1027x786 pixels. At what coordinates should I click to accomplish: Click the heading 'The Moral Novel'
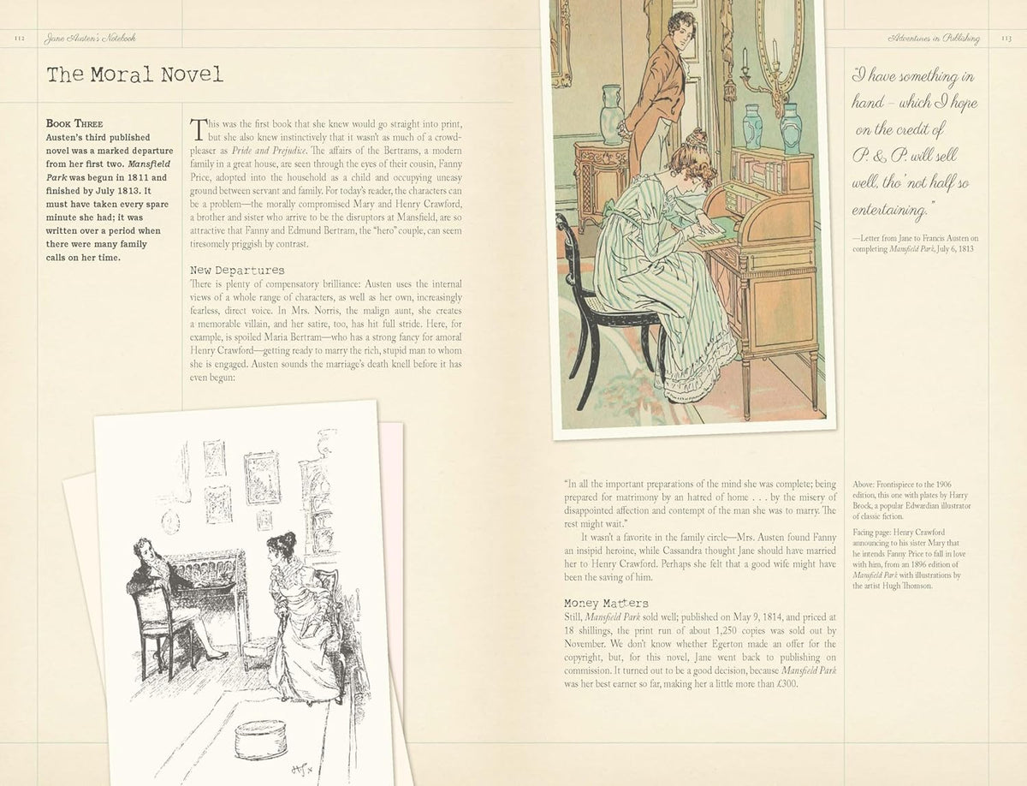click(x=134, y=74)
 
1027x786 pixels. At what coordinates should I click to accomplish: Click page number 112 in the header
click(x=21, y=39)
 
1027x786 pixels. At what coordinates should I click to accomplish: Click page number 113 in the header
click(x=1006, y=39)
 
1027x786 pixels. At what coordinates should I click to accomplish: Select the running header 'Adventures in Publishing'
click(x=935, y=39)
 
